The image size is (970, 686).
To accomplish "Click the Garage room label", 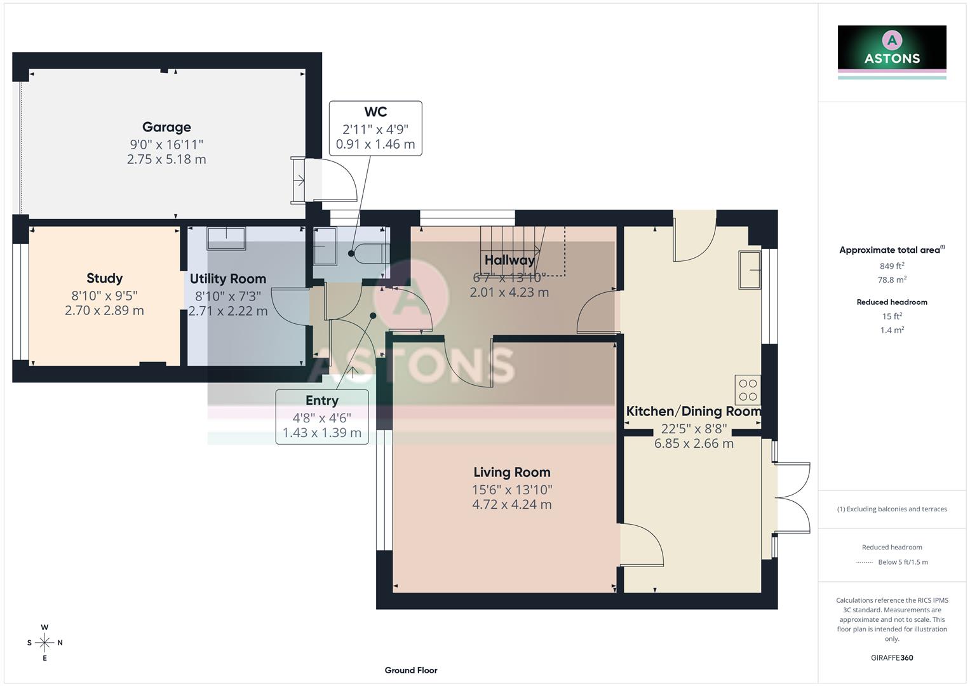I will click(166, 127).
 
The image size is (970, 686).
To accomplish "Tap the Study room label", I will click(104, 278).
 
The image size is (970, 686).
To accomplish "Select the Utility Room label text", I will click(227, 279).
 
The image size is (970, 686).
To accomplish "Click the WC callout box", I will click(375, 128).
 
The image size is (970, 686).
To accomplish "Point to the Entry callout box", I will click(322, 417).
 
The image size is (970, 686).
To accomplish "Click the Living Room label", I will click(511, 472).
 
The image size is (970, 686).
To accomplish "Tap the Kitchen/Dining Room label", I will click(694, 411).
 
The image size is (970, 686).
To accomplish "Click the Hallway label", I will click(509, 260).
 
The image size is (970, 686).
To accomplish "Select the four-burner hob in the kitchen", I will click(748, 390).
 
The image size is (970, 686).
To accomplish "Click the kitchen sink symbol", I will click(750, 270).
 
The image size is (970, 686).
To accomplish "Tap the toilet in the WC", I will click(369, 253).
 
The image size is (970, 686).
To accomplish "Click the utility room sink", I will click(226, 238).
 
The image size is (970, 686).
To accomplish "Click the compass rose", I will click(44, 643).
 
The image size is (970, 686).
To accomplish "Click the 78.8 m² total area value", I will click(892, 279).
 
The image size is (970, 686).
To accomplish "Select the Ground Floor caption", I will click(411, 670).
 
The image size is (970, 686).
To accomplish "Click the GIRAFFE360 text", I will click(892, 657).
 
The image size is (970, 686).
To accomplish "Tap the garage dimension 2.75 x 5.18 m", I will click(166, 159).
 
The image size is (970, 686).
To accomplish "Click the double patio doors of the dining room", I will click(791, 497).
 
